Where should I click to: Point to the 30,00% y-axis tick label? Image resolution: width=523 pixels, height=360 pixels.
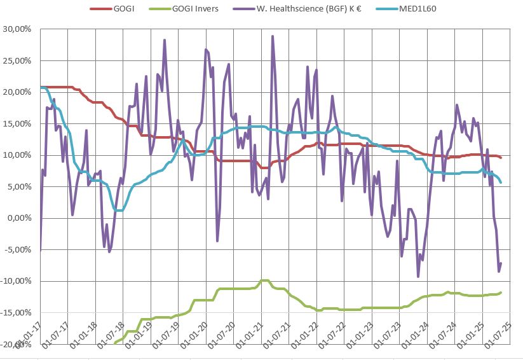[18, 29]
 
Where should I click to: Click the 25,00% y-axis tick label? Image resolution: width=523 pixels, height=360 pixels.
[18, 61]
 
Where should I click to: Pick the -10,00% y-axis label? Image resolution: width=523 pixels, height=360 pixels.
[17, 281]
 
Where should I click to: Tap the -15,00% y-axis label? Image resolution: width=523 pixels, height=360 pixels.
[17, 313]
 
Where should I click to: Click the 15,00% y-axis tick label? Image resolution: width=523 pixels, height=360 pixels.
[18, 124]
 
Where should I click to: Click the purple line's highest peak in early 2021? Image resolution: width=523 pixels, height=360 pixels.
[273, 37]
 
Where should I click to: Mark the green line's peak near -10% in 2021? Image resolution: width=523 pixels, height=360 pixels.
[264, 280]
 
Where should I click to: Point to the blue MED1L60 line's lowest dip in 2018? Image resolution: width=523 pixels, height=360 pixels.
[119, 210]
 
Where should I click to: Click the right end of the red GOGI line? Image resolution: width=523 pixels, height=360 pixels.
[501, 158]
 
